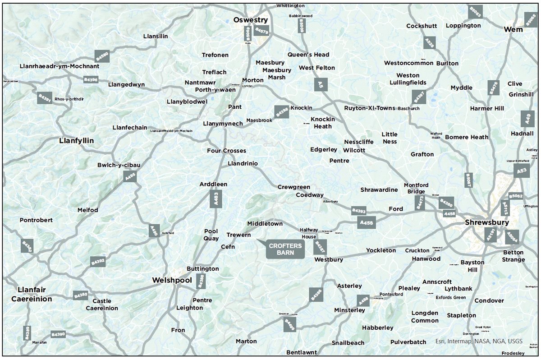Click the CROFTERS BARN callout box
(x=285, y=249)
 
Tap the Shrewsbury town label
(x=487, y=222)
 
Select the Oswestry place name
(x=250, y=20)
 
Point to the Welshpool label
(x=172, y=280)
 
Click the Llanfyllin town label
(x=77, y=141)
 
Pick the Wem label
(x=513, y=29)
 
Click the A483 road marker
(x=216, y=198)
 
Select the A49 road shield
(x=527, y=118)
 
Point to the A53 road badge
(x=522, y=171)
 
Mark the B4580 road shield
(x=103, y=56)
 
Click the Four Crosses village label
(x=226, y=151)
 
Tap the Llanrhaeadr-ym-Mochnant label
(x=60, y=66)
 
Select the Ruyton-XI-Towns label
(x=369, y=108)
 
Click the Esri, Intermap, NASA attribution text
(x=479, y=341)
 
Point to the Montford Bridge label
(x=416, y=188)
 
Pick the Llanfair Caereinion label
(x=32, y=294)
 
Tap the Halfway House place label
(x=309, y=233)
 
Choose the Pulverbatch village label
(x=408, y=342)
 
